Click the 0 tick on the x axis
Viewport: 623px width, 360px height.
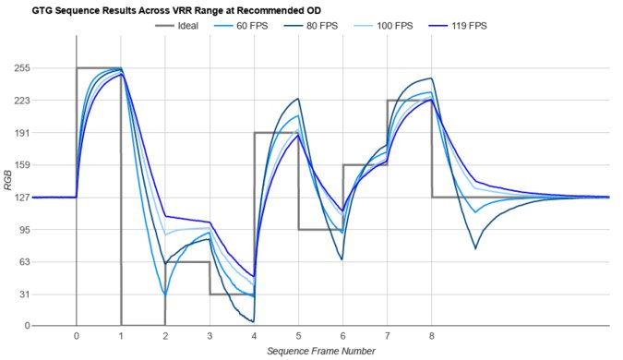tap(76, 336)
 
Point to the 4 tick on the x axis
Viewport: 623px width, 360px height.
tap(254, 336)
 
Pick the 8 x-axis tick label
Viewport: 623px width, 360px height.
tap(432, 336)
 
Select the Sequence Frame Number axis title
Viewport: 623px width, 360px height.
tap(320, 352)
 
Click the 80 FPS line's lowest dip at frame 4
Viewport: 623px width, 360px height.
tap(252, 321)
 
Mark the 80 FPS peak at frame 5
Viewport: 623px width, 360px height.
tap(297, 99)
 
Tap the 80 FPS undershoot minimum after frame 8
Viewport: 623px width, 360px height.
tap(475, 248)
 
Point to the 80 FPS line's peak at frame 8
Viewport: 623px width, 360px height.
tap(431, 78)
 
